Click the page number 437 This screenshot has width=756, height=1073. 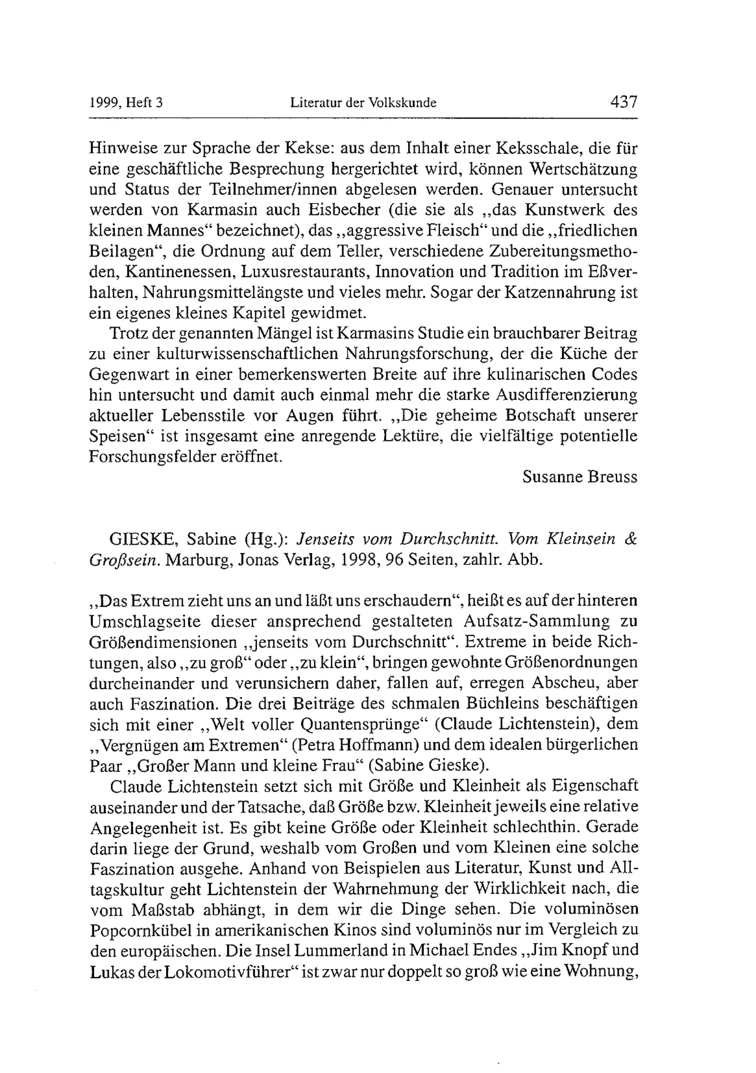tap(623, 102)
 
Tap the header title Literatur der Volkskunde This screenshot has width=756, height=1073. tap(363, 103)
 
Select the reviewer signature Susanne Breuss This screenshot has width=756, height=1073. tap(579, 477)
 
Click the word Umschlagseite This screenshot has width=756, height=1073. tap(144, 621)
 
